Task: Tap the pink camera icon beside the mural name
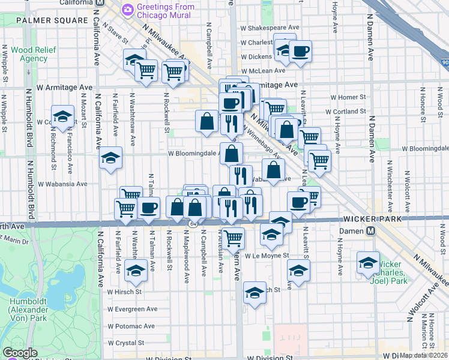[127, 10]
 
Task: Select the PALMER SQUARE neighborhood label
[52, 20]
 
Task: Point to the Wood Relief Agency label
[25, 53]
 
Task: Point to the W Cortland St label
[346, 112]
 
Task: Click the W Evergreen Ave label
[133, 309]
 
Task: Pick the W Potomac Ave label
[131, 326]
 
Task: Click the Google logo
[20, 353]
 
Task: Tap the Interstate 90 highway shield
[444, 61]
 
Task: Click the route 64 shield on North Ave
[192, 224]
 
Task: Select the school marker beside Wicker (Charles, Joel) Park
[368, 262]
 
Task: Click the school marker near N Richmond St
[62, 116]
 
